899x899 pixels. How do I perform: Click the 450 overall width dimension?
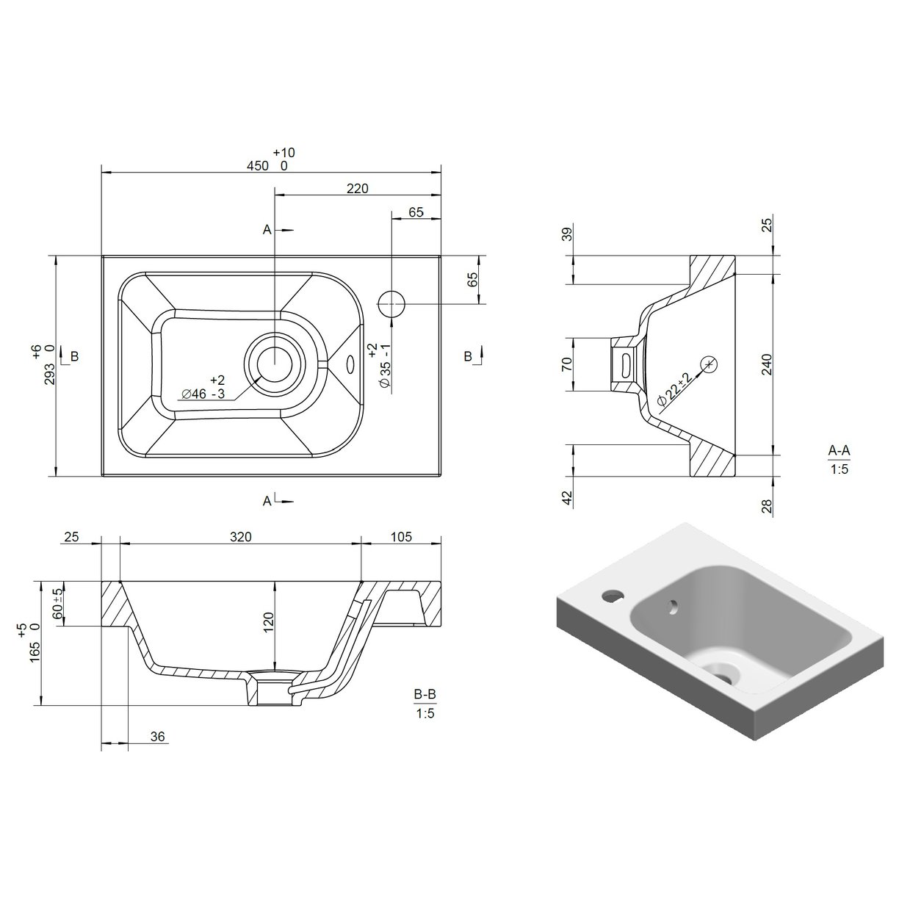pyautogui.click(x=258, y=166)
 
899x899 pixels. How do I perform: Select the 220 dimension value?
pyautogui.click(x=356, y=189)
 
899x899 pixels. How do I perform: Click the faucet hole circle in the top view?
pyautogui.click(x=391, y=302)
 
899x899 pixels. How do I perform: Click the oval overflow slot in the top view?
pyautogui.click(x=350, y=364)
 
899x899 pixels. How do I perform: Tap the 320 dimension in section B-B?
pyautogui.click(x=240, y=537)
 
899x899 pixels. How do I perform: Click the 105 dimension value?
pyautogui.click(x=400, y=537)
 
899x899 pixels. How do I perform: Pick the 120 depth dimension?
pyautogui.click(x=268, y=623)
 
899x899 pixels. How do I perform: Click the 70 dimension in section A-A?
pyautogui.click(x=566, y=364)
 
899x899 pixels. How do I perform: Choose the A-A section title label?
pyautogui.click(x=838, y=450)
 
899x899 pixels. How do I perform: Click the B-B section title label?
pyautogui.click(x=425, y=693)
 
